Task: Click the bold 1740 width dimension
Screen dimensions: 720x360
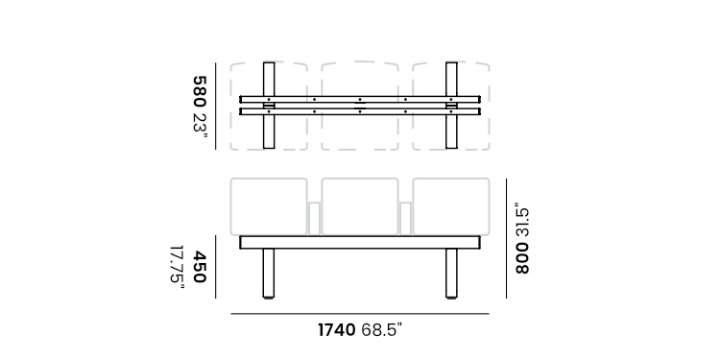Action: pos(337,329)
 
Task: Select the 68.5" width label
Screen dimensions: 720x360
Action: pos(381,329)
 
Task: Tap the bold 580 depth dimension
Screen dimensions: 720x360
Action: pos(200,92)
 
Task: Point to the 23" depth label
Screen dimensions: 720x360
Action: pos(200,122)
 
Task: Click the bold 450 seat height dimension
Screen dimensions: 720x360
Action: pos(200,267)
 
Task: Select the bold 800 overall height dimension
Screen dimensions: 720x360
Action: pos(522,258)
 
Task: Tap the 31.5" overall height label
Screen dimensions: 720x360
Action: pos(522,220)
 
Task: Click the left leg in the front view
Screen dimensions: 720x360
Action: pos(269,274)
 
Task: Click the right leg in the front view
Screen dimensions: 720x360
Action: pos(451,274)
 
